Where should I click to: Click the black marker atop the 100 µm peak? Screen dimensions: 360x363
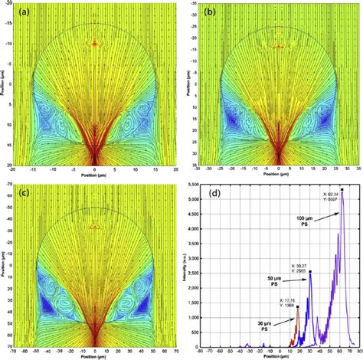[x=342, y=189]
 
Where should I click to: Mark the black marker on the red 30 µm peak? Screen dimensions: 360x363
[x=298, y=306]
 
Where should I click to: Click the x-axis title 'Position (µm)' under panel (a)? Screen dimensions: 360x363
[x=94, y=175]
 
